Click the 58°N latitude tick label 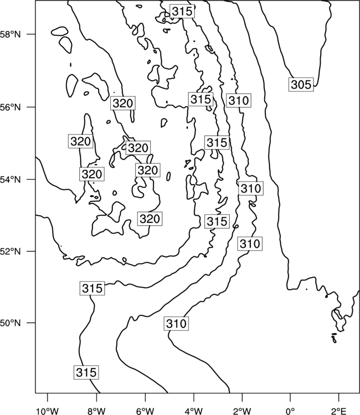pos(10,34)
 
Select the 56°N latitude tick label pos(10,107)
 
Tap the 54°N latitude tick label pos(10,180)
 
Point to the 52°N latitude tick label pos(10,251)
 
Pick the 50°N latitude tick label pos(10,323)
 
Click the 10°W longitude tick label pos(47,411)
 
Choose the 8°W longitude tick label pos(96,411)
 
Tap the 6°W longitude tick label pos(145,411)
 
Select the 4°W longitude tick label pos(193,411)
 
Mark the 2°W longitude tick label pos(242,411)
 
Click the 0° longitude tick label pos(290,411)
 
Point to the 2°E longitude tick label pos(339,411)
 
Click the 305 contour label pos(301,85)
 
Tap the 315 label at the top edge pos(182,12)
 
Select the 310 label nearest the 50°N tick pos(176,324)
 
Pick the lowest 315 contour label pos(86,372)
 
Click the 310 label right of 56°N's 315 pos(239,101)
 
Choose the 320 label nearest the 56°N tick pos(122,103)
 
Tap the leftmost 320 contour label pos(80,141)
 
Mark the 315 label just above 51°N pos(92,288)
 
